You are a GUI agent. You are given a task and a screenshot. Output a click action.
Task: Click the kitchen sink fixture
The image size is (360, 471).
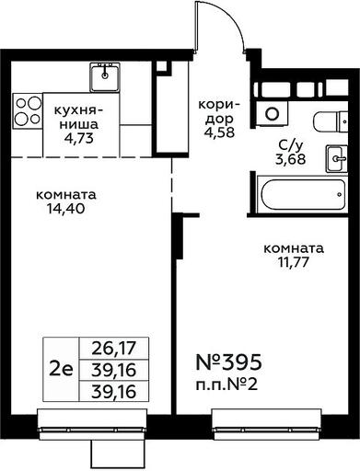point(105,77)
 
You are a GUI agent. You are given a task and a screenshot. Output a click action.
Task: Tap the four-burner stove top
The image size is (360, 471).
point(28,110)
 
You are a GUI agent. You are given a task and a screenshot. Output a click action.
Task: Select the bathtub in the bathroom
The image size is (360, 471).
point(302,194)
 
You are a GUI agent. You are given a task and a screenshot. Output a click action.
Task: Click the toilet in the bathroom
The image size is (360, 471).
point(331,121)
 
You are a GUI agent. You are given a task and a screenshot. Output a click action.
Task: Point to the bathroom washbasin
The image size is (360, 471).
point(337,158)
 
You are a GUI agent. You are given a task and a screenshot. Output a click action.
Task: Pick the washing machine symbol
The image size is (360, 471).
point(273,113)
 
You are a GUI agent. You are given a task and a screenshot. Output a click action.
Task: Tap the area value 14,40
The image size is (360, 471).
point(65,209)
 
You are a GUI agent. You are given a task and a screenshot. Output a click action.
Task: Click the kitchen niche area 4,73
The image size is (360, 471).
point(78,139)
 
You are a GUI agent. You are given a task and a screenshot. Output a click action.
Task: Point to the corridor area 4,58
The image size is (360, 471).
point(219,132)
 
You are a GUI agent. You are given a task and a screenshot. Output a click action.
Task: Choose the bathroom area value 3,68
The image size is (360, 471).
point(290,159)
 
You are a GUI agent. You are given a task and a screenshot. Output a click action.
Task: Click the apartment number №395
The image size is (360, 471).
point(228,362)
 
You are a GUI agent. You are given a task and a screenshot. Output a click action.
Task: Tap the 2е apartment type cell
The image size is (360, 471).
point(61,369)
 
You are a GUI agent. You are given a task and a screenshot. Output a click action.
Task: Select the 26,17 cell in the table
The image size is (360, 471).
point(114,348)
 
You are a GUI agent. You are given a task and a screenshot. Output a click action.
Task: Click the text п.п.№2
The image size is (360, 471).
point(226,385)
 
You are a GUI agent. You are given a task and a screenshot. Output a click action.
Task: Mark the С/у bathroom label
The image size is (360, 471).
point(290,145)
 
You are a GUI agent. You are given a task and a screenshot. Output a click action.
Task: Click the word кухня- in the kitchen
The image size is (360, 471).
point(78,110)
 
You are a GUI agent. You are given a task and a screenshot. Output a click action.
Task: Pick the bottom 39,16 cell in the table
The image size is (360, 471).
point(114,392)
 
